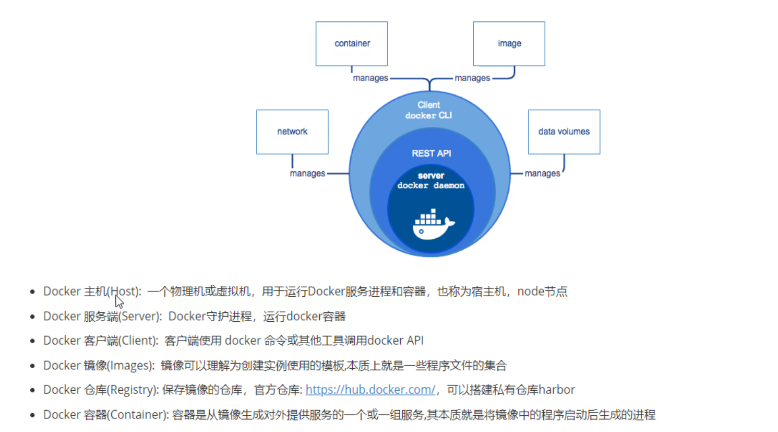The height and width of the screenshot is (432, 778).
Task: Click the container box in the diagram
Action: coord(352,44)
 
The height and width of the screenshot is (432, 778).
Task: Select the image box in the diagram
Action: coord(509,44)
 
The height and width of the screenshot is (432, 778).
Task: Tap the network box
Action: coord(292,132)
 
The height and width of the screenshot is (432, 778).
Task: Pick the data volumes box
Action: coord(564,132)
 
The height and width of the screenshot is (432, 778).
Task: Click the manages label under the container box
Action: coord(370,78)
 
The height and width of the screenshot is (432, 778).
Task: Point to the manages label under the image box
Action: coord(472,78)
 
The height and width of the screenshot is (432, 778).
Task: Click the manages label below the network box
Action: coord(307,173)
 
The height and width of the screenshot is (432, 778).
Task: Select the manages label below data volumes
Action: coord(542,173)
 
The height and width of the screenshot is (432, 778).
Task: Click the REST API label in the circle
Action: coord(431,154)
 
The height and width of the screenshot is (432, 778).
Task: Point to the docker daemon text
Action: coord(431,185)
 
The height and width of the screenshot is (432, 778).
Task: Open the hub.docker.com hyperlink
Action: coord(370,390)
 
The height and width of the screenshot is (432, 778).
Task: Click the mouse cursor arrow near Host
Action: coord(119,301)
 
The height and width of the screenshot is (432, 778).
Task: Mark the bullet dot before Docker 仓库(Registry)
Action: coord(32,390)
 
